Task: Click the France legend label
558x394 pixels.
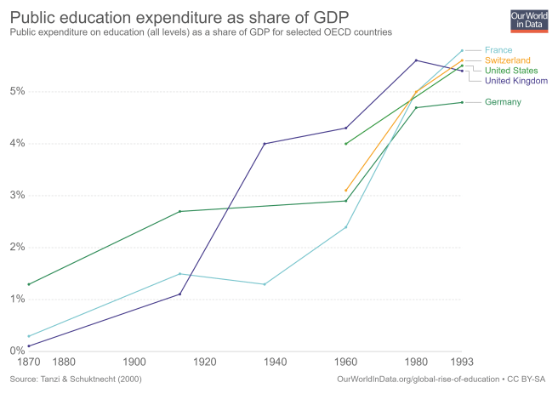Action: (x=498, y=50)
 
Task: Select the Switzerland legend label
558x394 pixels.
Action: (x=508, y=60)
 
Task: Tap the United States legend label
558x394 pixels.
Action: (x=511, y=71)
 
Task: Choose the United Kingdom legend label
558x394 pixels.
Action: (x=516, y=81)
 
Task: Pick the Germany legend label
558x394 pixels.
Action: (x=503, y=103)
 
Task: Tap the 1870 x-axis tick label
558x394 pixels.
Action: (x=28, y=362)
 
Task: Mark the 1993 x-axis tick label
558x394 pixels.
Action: (x=462, y=362)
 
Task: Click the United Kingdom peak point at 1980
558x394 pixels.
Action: (x=416, y=60)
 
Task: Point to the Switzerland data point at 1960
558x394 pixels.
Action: (x=346, y=191)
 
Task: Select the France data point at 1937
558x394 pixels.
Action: (x=265, y=284)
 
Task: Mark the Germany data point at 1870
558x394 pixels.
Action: (x=28, y=284)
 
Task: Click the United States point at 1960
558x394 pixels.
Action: (x=346, y=143)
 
